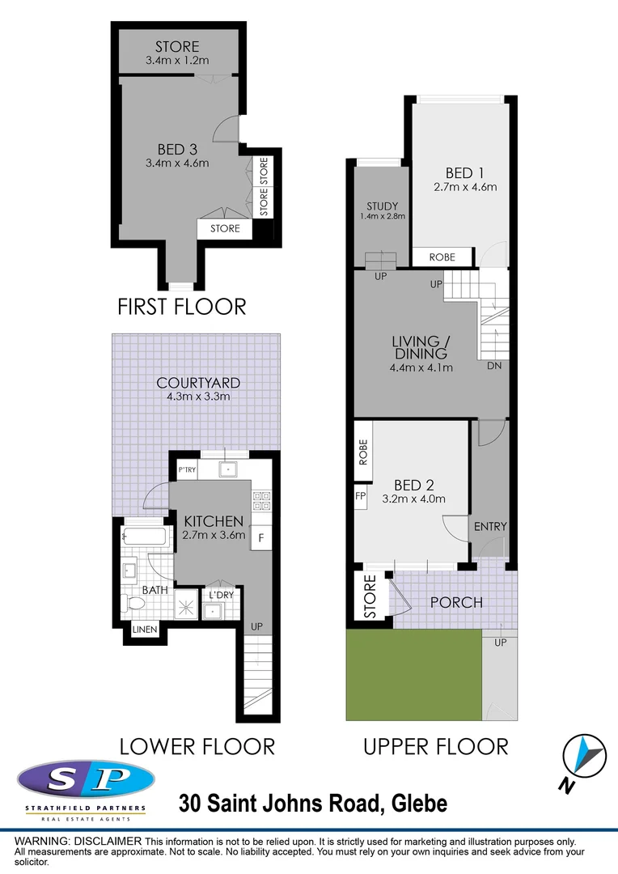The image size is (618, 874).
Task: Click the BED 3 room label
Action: click(177, 149)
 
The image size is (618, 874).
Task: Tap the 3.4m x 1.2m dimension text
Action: click(177, 61)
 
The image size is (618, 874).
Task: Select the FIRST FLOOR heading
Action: click(181, 307)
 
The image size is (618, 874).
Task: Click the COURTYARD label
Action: click(199, 383)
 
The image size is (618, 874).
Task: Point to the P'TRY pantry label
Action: click(188, 471)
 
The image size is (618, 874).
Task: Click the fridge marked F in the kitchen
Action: click(261, 537)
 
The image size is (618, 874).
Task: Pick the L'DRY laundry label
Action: click(222, 595)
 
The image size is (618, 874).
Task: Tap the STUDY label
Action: click(382, 206)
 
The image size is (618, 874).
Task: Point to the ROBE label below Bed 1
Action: click(442, 257)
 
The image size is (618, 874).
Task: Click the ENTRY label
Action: click(490, 527)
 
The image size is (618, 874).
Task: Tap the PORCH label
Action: click(456, 602)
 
